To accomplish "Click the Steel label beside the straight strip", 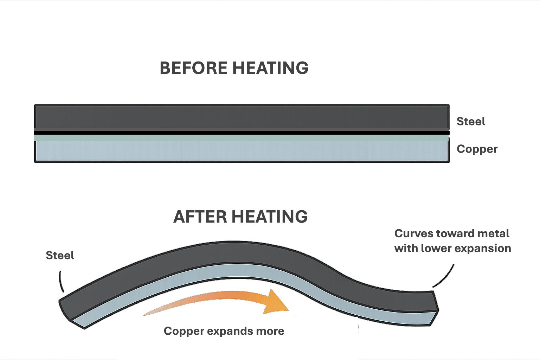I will coord(471,122).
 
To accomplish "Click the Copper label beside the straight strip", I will coord(477,149).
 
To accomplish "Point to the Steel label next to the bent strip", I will coord(60,255).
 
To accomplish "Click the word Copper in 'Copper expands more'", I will coord(184,331).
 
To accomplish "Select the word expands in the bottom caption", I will coord(231,331).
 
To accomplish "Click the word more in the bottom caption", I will coord(271,331).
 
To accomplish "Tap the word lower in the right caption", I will coord(437,248).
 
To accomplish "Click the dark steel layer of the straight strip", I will coord(241,117).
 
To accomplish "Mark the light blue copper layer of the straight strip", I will coord(241,150).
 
